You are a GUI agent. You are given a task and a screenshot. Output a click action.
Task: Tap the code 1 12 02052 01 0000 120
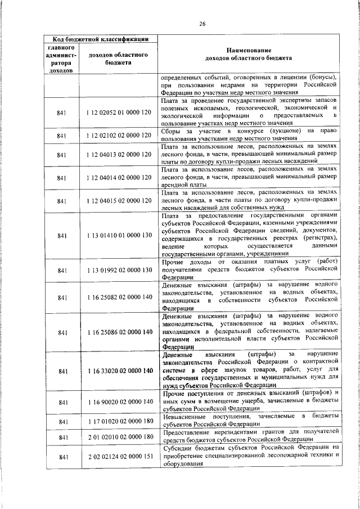[x=119, y=113]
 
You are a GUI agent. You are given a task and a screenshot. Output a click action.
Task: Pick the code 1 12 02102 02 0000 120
[x=119, y=136]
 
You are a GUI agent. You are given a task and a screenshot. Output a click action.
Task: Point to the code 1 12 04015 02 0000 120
[x=119, y=200]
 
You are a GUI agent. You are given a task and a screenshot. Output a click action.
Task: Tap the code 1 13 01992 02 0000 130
[x=119, y=271]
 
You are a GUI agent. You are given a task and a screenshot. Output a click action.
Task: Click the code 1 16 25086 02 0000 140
[x=119, y=332]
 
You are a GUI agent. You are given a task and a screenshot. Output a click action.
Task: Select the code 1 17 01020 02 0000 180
[x=119, y=421]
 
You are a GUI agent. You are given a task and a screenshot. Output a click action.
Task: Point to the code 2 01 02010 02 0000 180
[x=119, y=437]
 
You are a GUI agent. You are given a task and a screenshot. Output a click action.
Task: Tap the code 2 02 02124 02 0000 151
[x=119, y=457]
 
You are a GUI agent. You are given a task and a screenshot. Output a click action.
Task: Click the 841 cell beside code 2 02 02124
[x=62, y=457]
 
